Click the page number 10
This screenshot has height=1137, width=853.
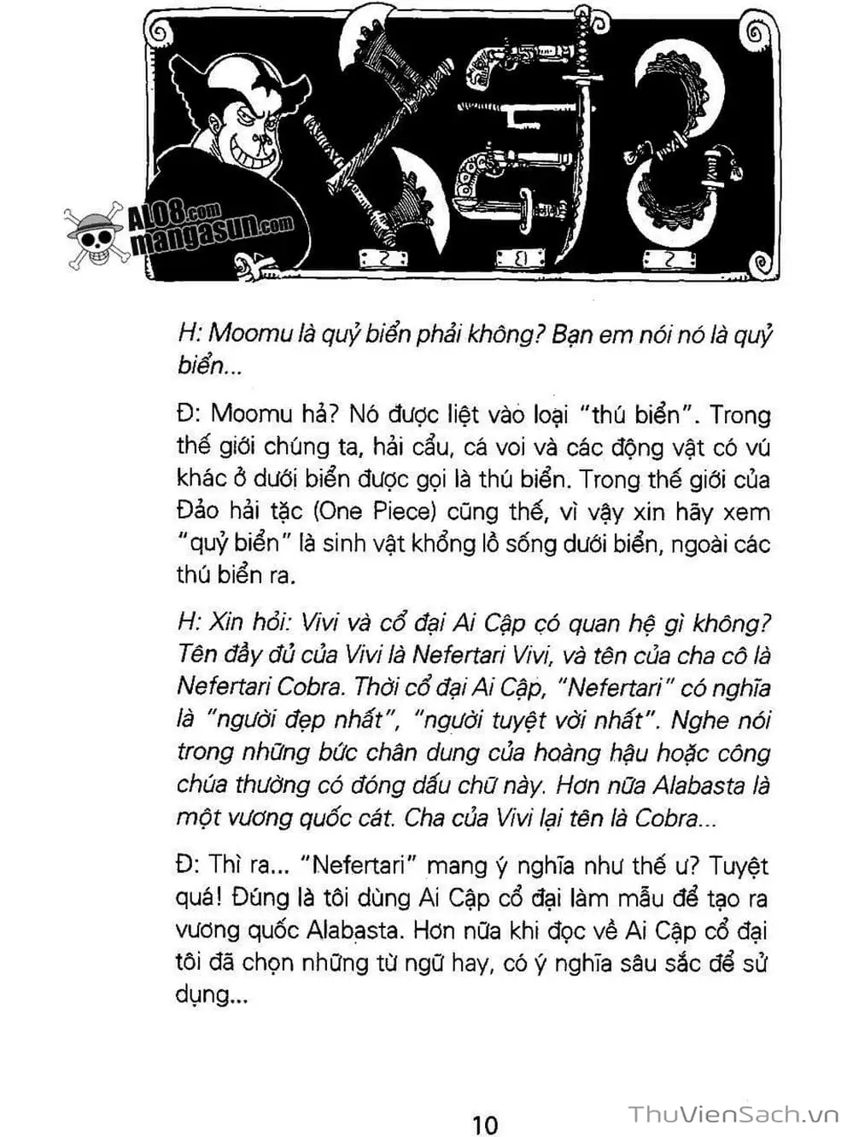pos(484,1123)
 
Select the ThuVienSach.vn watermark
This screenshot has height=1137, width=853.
pos(734,1114)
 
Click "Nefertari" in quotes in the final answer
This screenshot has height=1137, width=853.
pos(358,866)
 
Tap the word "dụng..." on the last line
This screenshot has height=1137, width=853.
pos(212,995)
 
